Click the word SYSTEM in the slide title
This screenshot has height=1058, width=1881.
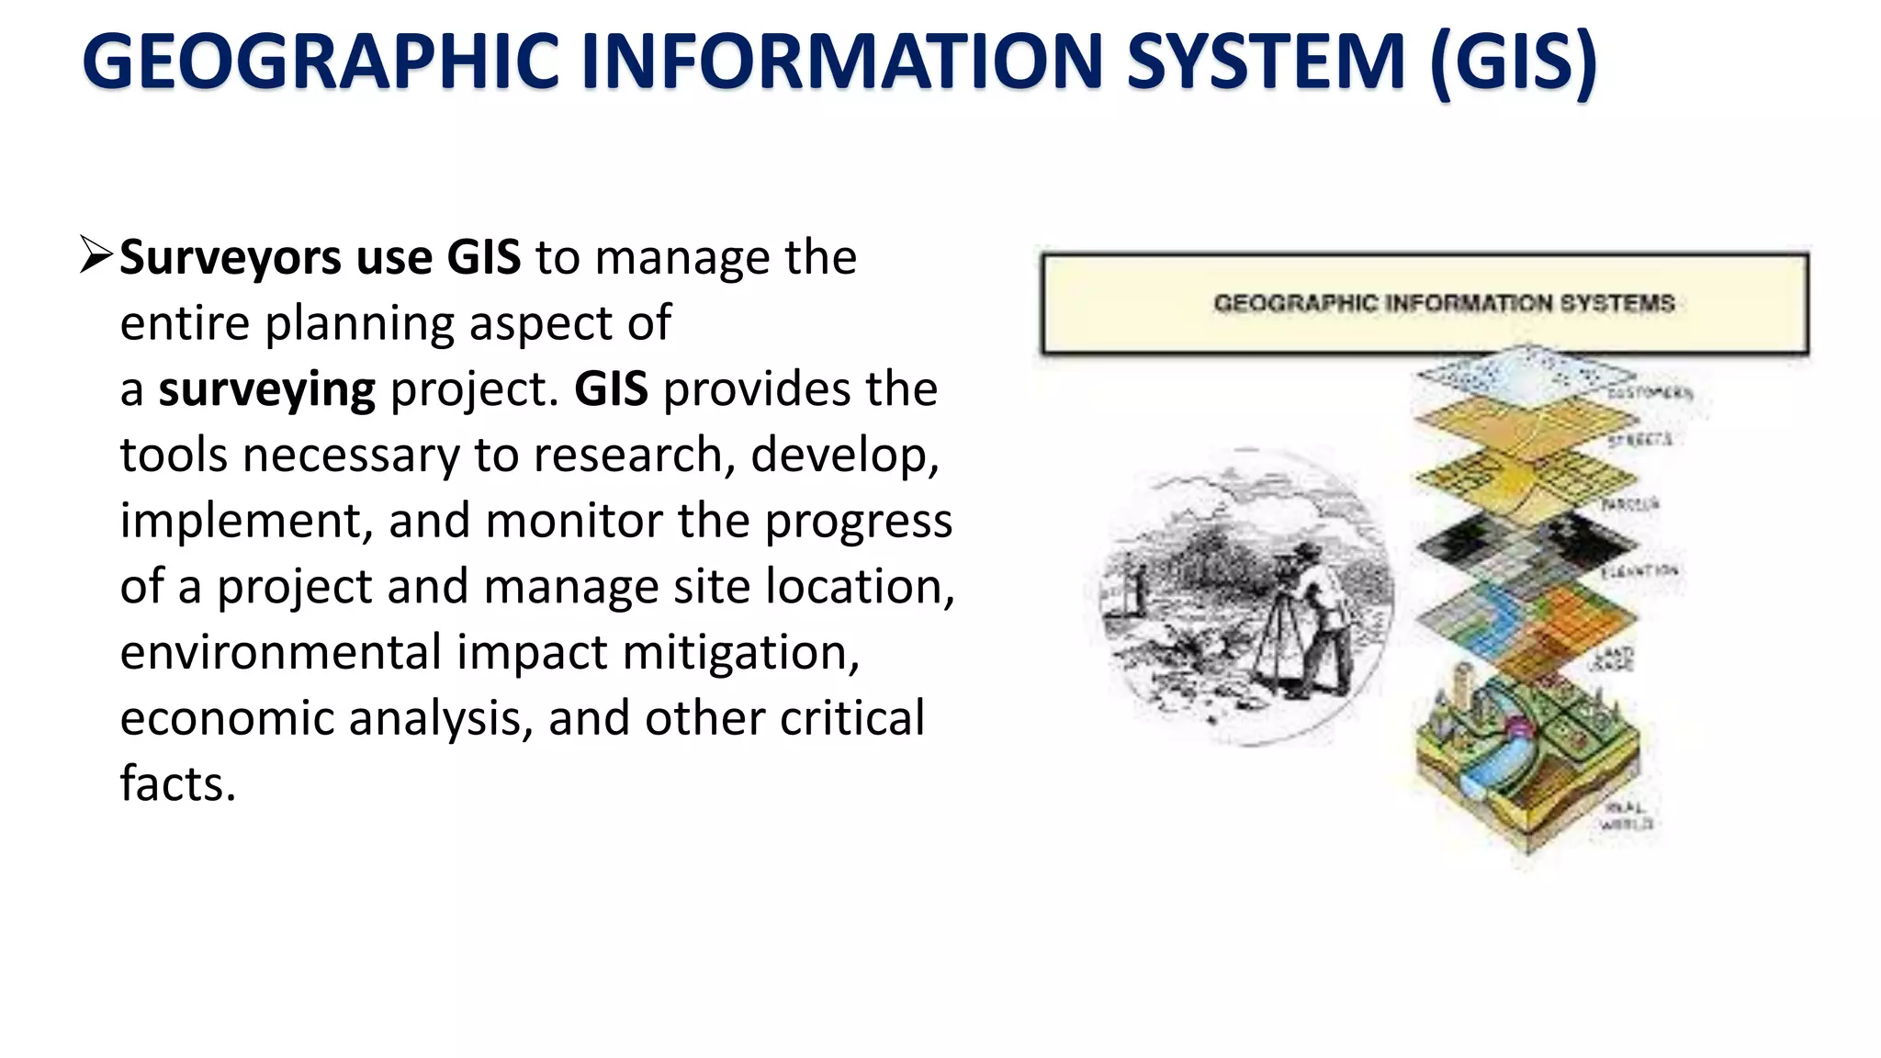tap(1266, 62)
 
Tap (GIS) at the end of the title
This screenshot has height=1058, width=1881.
tap(1514, 62)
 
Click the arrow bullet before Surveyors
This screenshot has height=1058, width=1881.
tap(96, 255)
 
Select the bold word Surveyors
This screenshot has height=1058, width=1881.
tap(231, 258)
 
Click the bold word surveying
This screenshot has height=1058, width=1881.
tap(266, 390)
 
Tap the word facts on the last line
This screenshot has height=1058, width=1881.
tap(177, 784)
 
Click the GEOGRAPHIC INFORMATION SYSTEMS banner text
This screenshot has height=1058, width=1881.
tap(1444, 303)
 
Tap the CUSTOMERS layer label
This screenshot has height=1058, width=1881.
tap(1650, 393)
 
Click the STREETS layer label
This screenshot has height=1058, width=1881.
tap(1639, 441)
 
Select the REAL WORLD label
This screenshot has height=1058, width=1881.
tap(1627, 816)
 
